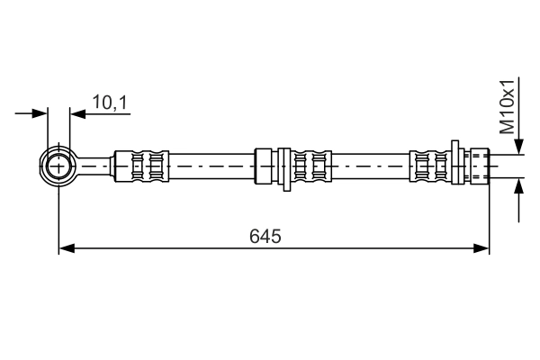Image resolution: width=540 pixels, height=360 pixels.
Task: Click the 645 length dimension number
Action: [265, 237]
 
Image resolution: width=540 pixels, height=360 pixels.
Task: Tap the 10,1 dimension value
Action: [110, 103]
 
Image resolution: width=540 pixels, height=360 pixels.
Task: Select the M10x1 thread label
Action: [509, 105]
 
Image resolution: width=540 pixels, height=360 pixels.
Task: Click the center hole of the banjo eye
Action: [59, 166]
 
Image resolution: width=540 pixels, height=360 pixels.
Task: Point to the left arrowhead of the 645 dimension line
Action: [65, 247]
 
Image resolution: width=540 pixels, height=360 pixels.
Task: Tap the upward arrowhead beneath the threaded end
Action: [518, 186]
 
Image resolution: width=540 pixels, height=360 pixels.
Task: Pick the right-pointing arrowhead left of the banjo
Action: [40, 113]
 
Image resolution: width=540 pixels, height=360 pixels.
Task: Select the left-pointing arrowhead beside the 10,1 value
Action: [76, 113]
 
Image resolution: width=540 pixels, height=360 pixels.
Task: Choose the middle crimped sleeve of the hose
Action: [309, 166]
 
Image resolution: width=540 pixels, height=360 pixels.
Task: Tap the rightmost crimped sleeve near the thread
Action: [429, 166]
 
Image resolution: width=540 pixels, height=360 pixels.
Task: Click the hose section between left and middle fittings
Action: [211, 166]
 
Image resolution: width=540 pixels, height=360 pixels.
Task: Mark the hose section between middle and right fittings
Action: [369, 166]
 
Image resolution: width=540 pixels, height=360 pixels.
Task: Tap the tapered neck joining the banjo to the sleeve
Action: [94, 166]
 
